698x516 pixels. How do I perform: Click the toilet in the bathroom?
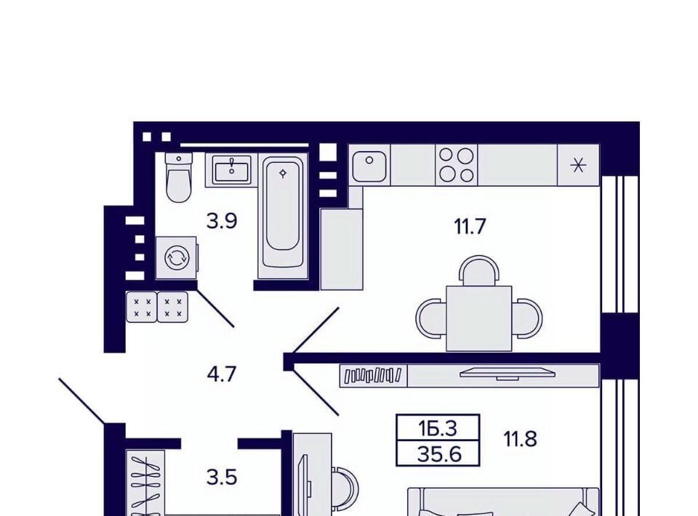pos(179,177)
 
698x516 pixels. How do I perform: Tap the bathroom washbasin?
pos(231,170)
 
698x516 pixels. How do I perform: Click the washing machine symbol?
pos(176,258)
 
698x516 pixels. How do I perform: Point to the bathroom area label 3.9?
pos(222,221)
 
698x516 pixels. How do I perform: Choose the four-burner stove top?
pos(457,165)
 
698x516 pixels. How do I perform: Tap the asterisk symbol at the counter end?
pos(578,166)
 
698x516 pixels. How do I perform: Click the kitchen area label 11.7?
pos(469,227)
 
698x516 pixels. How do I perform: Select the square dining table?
pos(479,318)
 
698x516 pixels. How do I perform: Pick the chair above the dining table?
pos(479,270)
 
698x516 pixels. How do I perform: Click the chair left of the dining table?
pos(431,318)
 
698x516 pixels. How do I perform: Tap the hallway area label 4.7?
pos(221,374)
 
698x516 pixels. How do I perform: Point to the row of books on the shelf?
pos(374,375)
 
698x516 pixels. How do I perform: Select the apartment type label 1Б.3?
pos(438,428)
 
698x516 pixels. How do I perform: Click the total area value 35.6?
pos(439,455)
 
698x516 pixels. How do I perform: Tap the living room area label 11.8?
pos(521,439)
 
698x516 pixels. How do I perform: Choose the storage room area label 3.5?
pos(222,477)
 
